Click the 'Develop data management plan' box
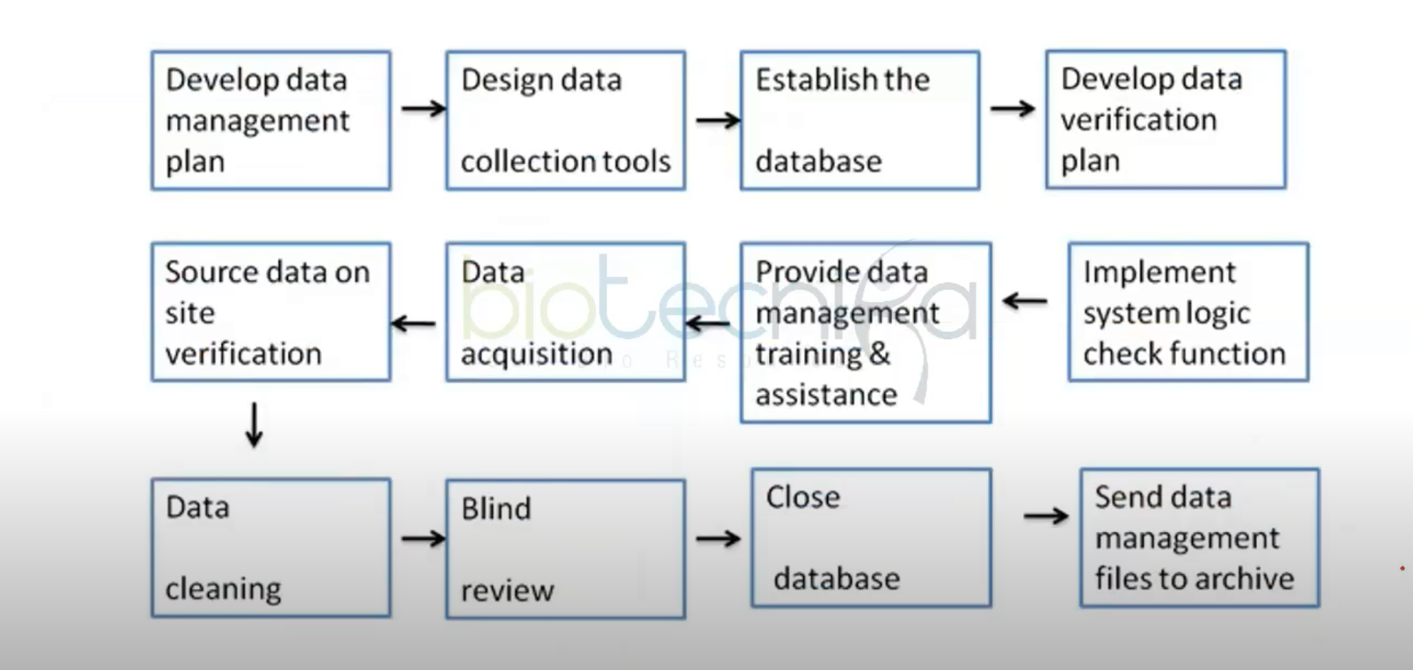(x=271, y=120)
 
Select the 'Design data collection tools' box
(x=565, y=120)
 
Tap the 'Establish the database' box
(x=859, y=120)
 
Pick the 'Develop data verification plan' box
(x=1165, y=119)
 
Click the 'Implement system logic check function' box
(x=1188, y=312)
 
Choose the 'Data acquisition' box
(x=565, y=312)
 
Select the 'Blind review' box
(x=565, y=549)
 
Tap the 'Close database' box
(x=871, y=537)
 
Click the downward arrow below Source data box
(x=254, y=425)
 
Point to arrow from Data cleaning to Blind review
(x=423, y=538)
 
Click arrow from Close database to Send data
(x=1046, y=516)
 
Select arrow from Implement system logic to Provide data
(x=1025, y=300)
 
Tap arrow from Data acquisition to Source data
(x=413, y=323)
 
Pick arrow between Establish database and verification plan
(x=1012, y=108)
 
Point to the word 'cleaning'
(x=223, y=589)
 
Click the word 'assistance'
(x=826, y=395)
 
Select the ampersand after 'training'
(x=879, y=353)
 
